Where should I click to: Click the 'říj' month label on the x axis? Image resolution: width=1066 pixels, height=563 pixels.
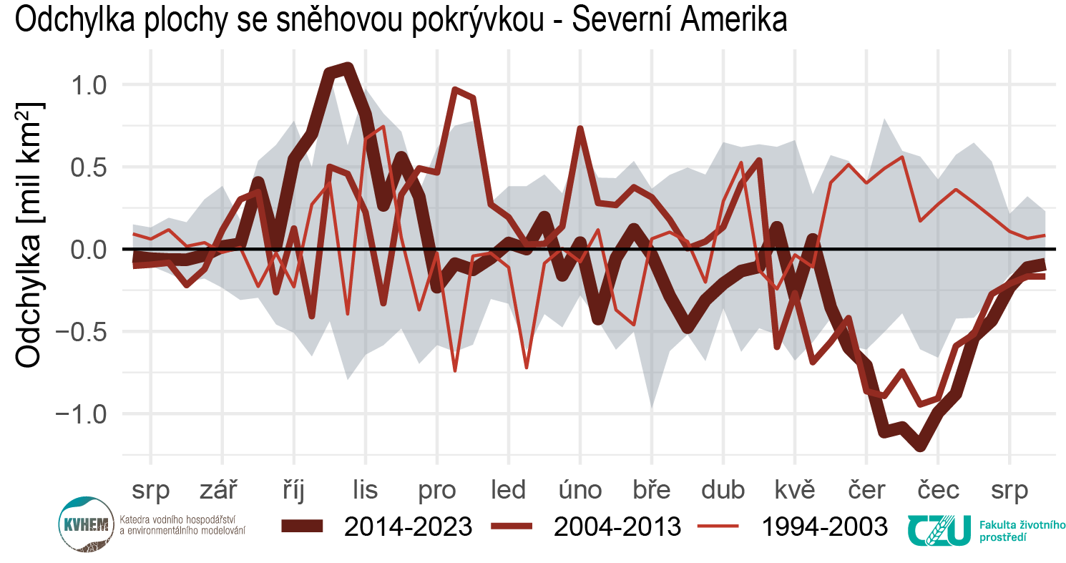coord(293,490)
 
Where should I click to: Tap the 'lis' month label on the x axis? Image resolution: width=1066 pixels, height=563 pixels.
coord(365,490)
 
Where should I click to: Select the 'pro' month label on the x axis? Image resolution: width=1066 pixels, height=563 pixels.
coord(436,490)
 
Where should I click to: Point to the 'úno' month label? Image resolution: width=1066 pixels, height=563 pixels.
coord(580,490)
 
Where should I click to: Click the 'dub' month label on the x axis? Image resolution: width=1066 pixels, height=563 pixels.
coord(723,490)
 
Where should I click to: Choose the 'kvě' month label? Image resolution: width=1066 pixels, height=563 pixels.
coord(795,490)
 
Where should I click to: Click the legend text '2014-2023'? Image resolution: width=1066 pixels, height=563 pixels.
coord(408,527)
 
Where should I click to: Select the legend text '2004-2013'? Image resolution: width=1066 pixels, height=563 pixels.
coord(617,527)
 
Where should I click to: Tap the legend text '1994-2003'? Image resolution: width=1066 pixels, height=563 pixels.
coord(824,527)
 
